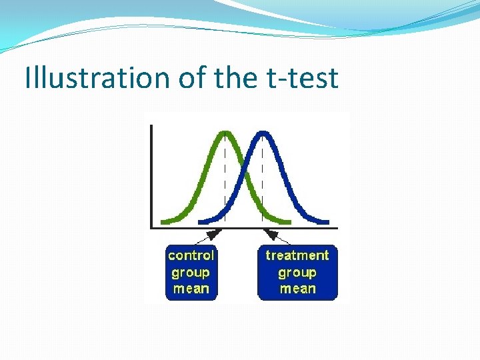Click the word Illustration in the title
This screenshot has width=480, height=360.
click(x=98, y=78)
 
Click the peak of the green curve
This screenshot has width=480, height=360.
click(x=225, y=131)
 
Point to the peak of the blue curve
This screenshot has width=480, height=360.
click(x=263, y=131)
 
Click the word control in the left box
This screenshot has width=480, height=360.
click(x=191, y=255)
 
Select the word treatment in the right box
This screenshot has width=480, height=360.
click(x=297, y=255)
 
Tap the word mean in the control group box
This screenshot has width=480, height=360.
click(x=191, y=289)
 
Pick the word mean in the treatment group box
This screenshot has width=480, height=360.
click(x=297, y=289)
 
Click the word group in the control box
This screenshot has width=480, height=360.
click(x=191, y=272)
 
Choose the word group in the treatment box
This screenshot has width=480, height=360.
click(x=297, y=272)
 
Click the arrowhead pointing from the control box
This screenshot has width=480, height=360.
click(x=215, y=233)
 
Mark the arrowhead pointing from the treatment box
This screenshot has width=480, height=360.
click(x=271, y=233)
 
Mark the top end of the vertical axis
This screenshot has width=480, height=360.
click(x=153, y=126)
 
